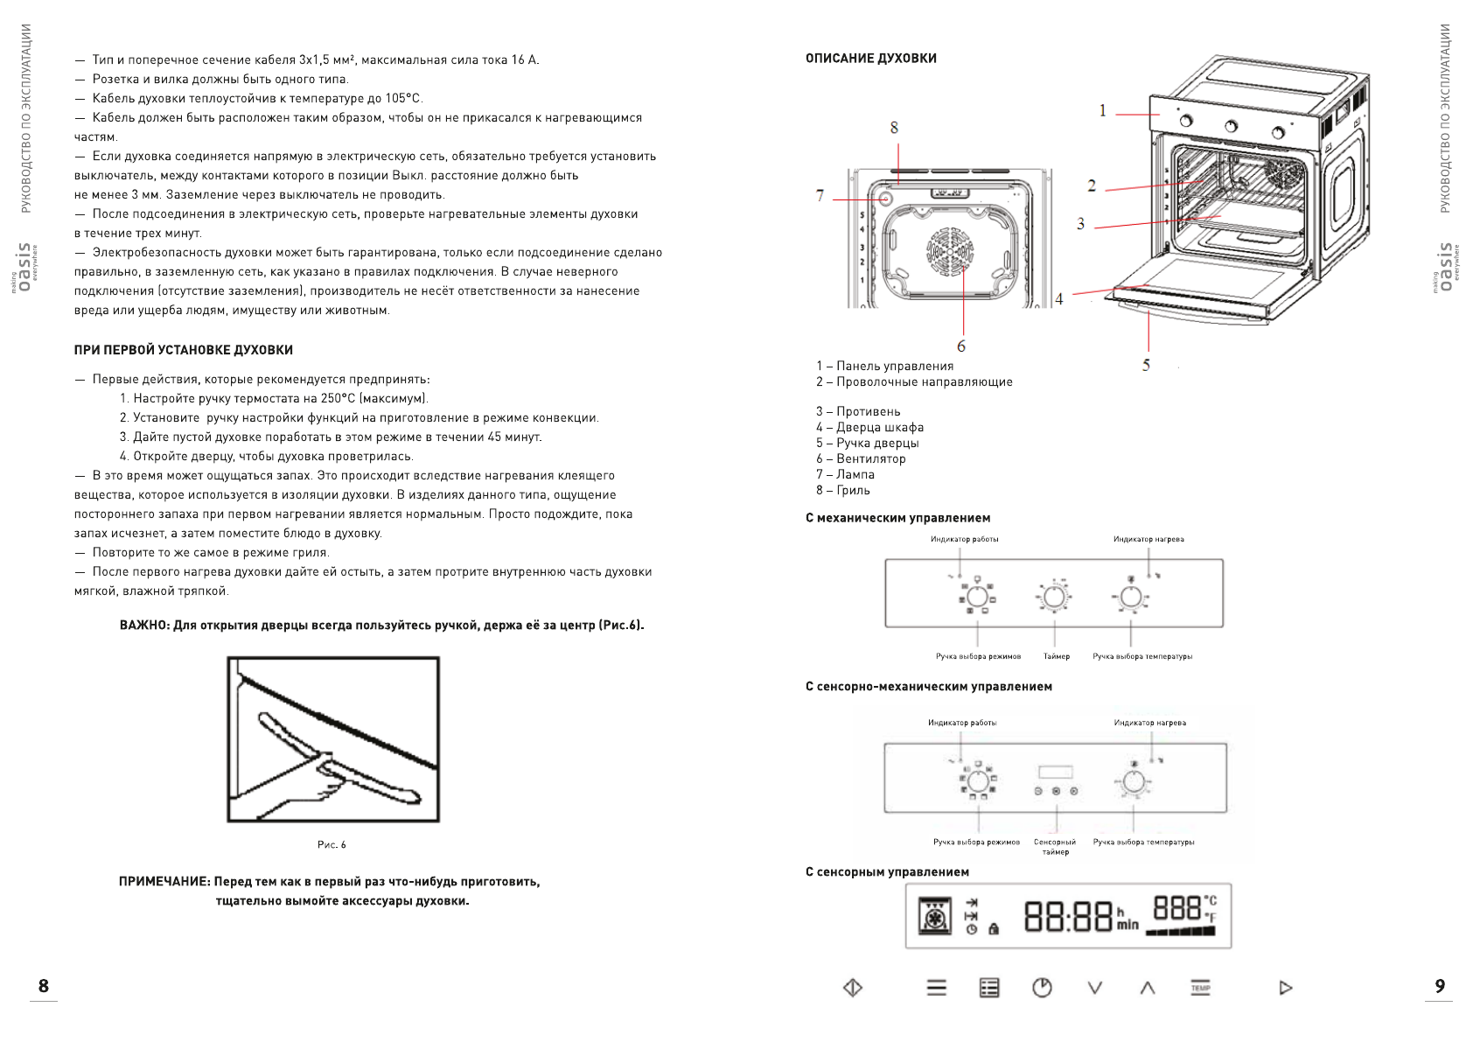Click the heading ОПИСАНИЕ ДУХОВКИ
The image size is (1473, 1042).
click(x=870, y=59)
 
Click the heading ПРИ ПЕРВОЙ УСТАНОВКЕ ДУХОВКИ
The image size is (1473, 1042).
click(x=184, y=350)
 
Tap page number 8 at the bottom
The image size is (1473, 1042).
click(x=44, y=986)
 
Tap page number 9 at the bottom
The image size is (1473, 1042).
click(x=1440, y=986)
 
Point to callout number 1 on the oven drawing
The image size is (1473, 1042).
click(x=1103, y=110)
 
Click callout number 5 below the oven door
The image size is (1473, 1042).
click(x=1146, y=365)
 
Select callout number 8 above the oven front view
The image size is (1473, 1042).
click(x=894, y=128)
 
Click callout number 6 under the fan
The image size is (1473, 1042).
click(x=961, y=346)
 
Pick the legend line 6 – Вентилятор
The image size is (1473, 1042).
click(x=861, y=458)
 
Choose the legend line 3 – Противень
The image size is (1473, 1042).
click(x=858, y=411)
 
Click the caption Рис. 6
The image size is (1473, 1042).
click(x=332, y=844)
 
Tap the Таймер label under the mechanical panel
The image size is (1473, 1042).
click(x=1056, y=656)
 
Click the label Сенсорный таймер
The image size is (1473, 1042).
click(x=1055, y=846)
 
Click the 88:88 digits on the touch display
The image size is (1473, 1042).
click(x=1068, y=916)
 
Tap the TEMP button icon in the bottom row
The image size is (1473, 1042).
click(x=1200, y=988)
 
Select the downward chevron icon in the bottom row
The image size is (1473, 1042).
click(x=1094, y=988)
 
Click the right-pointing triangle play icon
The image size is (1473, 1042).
click(x=1285, y=988)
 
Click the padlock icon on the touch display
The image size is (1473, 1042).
click(x=993, y=929)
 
